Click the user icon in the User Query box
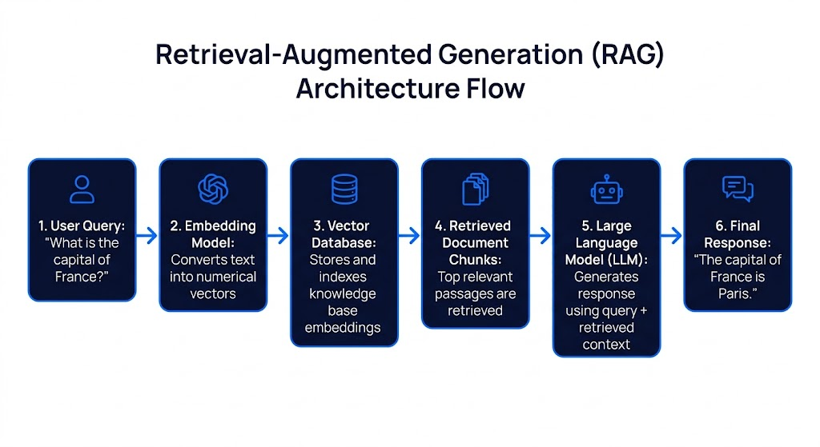tap(82, 190)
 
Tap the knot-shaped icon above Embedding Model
tap(213, 190)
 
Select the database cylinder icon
tap(344, 190)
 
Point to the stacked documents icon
tap(476, 190)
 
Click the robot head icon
tap(606, 190)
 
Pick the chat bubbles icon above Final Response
tap(738, 189)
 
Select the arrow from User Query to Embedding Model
tap(147, 235)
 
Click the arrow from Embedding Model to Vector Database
tap(279, 235)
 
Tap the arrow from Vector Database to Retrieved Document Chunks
tap(410, 235)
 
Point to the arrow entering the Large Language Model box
tap(541, 235)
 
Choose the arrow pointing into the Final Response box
tap(673, 235)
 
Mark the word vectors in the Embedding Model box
tap(213, 293)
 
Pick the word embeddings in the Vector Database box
tap(344, 328)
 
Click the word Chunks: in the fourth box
tap(476, 260)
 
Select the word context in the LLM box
tap(606, 345)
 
